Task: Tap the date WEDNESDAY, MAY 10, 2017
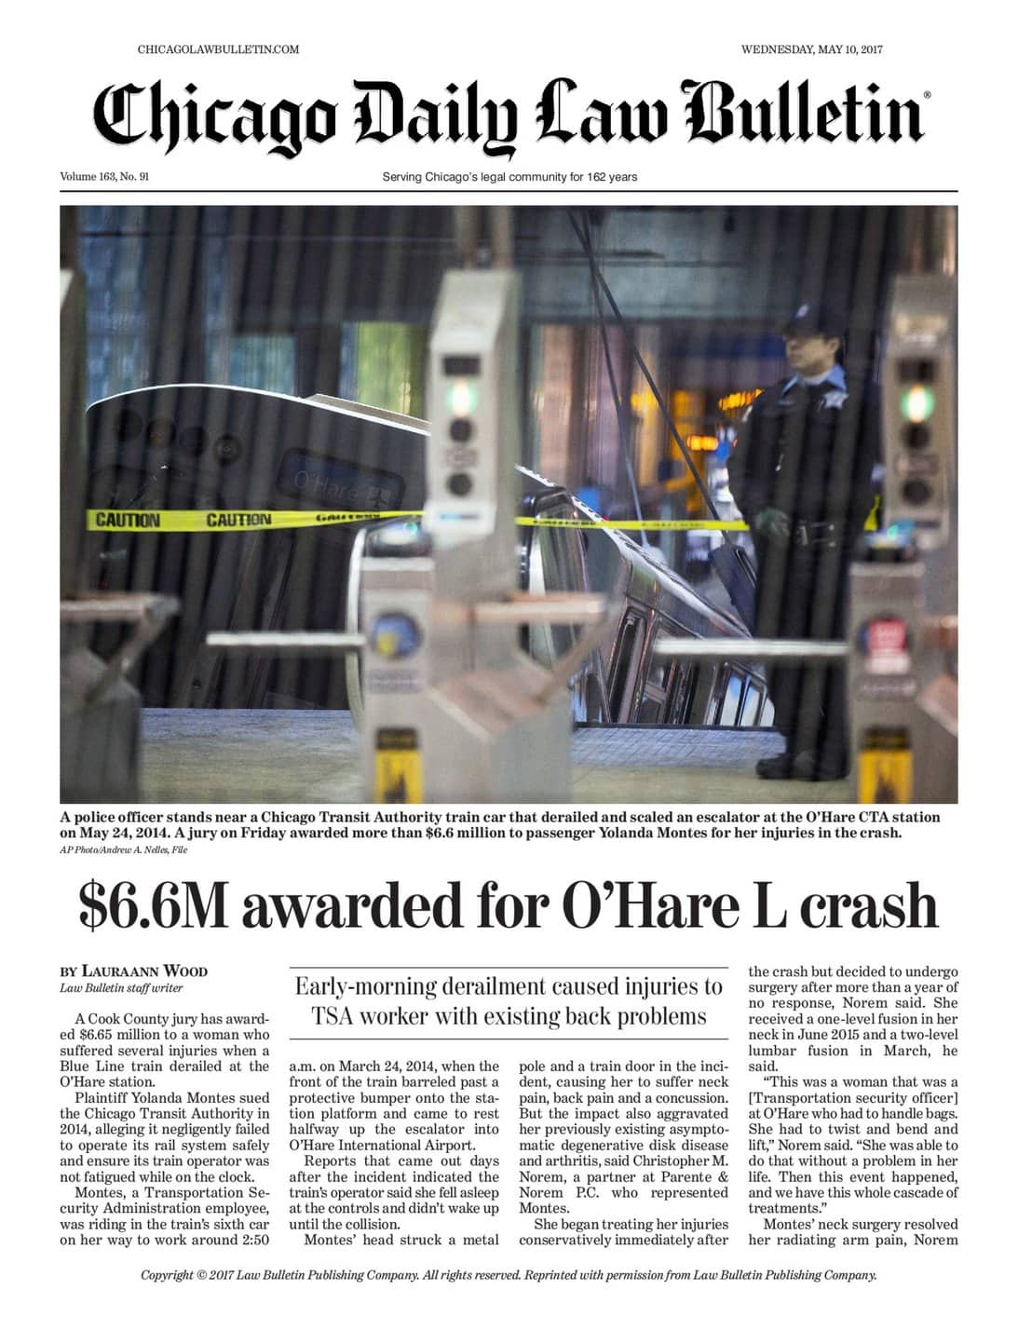[x=811, y=49]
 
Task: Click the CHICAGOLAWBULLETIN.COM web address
[x=218, y=49]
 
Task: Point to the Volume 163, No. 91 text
[x=104, y=177]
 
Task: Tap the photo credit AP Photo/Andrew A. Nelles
[x=123, y=849]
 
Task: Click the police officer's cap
[x=809, y=321]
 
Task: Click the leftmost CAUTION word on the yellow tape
[x=128, y=520]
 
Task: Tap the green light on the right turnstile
[x=916, y=402]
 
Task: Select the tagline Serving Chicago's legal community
[x=509, y=177]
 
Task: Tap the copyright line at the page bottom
[x=509, y=1275]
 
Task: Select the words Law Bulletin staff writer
[x=121, y=987]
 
